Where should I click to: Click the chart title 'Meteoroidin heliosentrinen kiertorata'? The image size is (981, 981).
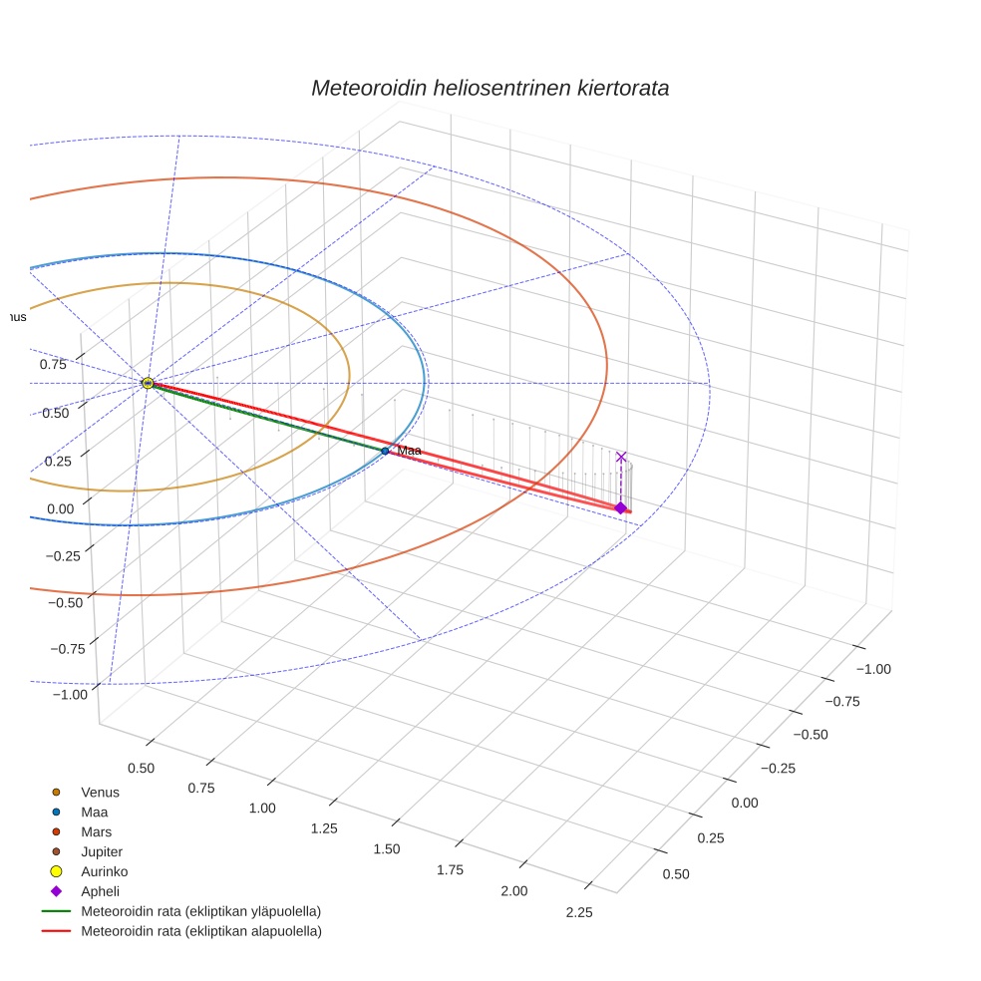click(490, 88)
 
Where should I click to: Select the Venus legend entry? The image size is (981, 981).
click(100, 792)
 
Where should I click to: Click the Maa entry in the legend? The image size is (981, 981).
click(94, 812)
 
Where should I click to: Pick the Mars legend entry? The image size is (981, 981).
click(96, 831)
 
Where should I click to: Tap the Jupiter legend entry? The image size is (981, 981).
click(101, 851)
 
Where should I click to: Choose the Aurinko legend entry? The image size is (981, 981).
click(104, 871)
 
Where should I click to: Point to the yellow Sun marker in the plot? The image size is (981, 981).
click(148, 383)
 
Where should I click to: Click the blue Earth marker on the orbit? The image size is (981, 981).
click(385, 451)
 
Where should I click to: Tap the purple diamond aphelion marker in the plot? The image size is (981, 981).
click(620, 508)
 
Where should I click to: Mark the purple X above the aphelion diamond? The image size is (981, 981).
click(621, 457)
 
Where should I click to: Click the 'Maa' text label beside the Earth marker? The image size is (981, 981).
click(409, 451)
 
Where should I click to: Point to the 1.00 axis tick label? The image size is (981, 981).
click(261, 808)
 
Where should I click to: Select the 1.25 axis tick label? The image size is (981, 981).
click(324, 828)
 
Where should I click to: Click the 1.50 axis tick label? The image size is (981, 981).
click(386, 848)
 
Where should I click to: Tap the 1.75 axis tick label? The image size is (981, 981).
click(450, 869)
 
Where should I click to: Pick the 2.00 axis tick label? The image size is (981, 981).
click(513, 890)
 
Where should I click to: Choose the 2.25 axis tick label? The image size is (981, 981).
click(578, 912)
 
